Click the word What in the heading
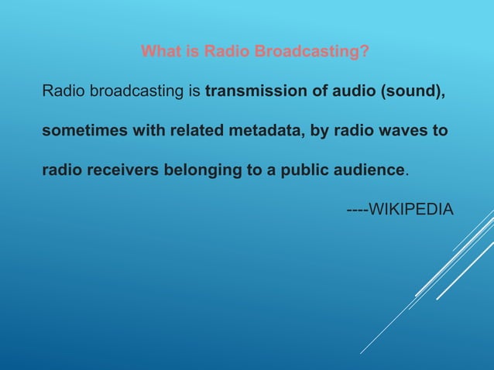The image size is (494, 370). tap(159, 53)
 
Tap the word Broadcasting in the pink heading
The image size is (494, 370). tap(307, 53)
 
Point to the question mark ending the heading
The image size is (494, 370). tap(363, 53)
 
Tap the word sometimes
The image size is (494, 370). tap(81, 131)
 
